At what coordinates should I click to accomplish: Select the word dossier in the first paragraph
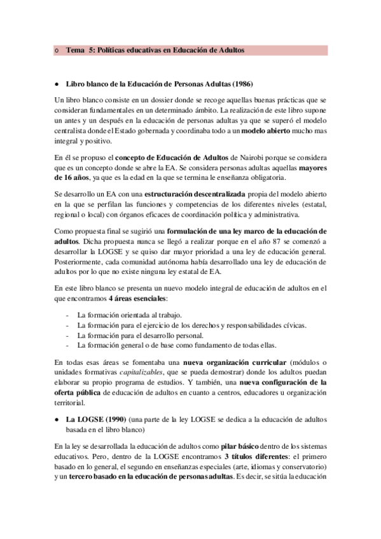[x=154, y=101]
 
